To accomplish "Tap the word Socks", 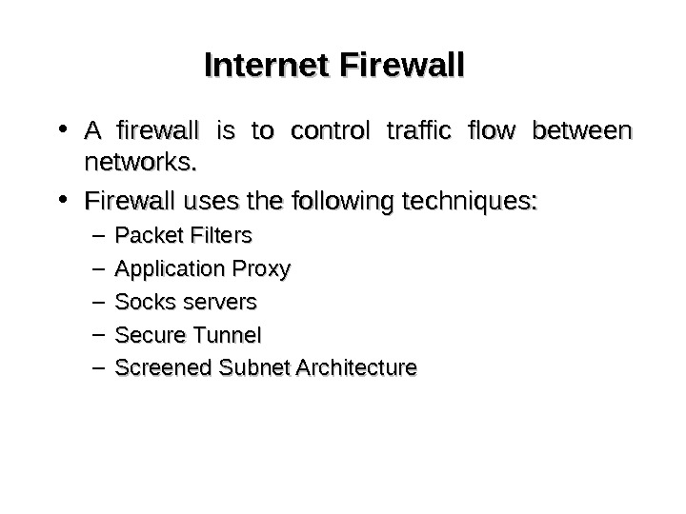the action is (139, 303).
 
